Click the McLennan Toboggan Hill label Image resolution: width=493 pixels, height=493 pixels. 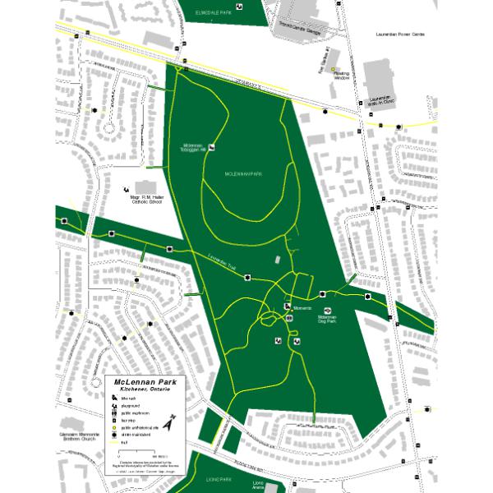pos(191,149)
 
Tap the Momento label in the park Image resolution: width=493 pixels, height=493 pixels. pos(301,307)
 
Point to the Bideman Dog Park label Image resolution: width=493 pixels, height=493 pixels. pos(326,318)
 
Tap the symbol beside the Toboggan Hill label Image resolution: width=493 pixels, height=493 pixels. pos(211,148)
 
